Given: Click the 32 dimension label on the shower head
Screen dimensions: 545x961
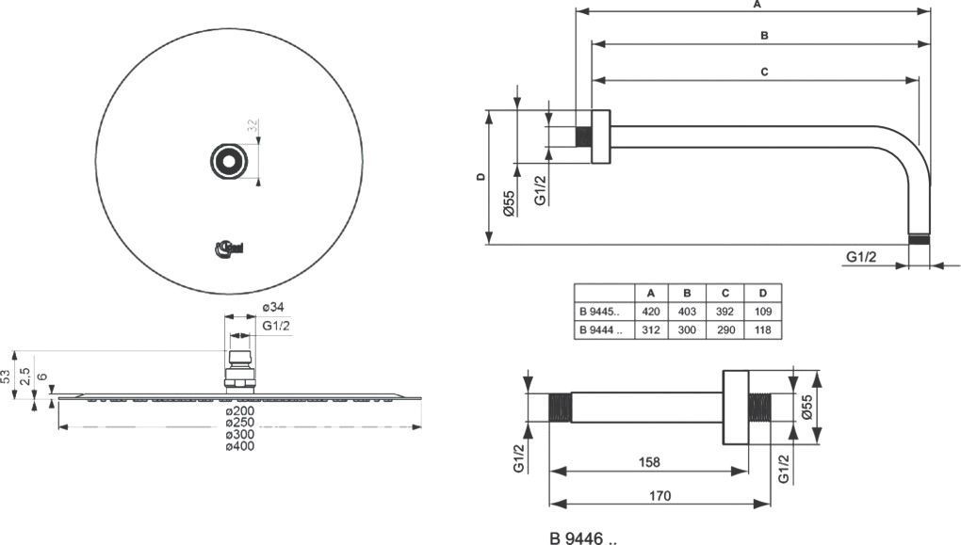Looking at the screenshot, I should pyautogui.click(x=252, y=124).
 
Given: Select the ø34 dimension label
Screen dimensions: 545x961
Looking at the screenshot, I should pyautogui.click(x=273, y=308).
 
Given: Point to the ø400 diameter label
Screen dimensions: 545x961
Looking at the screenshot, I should pyautogui.click(x=239, y=445).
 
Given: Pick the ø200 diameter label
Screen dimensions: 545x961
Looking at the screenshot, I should pyautogui.click(x=239, y=411).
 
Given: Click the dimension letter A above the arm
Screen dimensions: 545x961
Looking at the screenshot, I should pyautogui.click(x=756, y=5).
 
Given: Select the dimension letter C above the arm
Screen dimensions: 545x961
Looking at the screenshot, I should pyautogui.click(x=764, y=72).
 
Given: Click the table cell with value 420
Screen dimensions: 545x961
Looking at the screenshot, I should pyautogui.click(x=650, y=311).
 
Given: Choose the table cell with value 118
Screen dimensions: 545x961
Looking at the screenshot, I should pyautogui.click(x=761, y=329).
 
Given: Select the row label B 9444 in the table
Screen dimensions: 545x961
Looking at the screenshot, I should pyautogui.click(x=600, y=329).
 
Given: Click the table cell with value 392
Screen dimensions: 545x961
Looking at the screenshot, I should pyautogui.click(x=725, y=311).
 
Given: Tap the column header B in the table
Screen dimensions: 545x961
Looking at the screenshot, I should pyautogui.click(x=687, y=292).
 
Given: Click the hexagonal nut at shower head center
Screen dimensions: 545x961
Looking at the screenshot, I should pyautogui.click(x=228, y=162).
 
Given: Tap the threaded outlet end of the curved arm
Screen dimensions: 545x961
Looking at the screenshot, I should pyautogui.click(x=920, y=239).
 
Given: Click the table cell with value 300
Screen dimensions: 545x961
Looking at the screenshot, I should pyautogui.click(x=687, y=329).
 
